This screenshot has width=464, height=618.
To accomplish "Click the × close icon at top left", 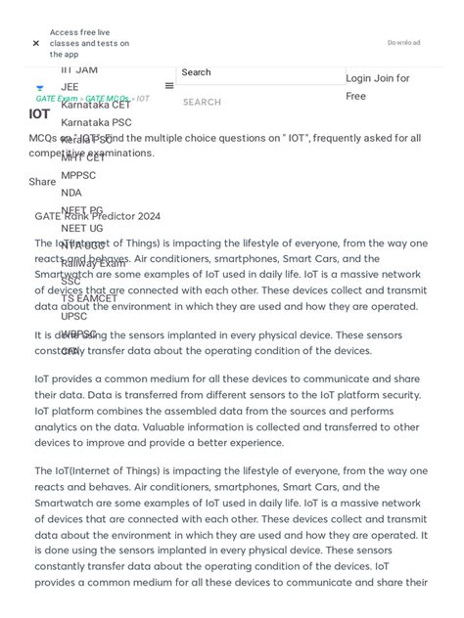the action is coord(36,43).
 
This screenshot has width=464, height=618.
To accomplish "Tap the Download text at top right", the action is coord(403,43).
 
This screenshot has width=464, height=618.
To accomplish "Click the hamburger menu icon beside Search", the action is coord(169,86).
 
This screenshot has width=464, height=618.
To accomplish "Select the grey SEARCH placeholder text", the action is coord(202,102).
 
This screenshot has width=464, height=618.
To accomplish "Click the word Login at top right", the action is coord(358,78).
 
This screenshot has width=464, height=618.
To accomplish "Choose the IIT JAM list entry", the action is coord(79,69).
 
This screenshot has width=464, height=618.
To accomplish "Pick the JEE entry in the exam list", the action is coord(70,87).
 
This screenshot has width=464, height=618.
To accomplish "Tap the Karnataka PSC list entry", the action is coord(96,122).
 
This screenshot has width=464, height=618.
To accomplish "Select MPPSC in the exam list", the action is coord(78,175).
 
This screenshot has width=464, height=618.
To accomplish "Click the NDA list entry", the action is coord(71,193).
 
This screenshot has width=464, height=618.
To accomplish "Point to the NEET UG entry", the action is coord(81,228).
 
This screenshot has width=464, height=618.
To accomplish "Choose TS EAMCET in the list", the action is coord(89,298).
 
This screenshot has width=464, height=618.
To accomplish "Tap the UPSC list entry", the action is coord(73,316).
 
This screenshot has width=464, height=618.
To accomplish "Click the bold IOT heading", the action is coord(39,114).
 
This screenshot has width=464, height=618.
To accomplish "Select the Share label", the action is coord(42,182).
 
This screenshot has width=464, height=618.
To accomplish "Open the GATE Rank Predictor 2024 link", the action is coord(97,216).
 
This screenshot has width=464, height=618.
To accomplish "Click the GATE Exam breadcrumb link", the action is coord(56,99).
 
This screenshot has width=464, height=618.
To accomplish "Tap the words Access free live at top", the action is coord(79,32).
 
